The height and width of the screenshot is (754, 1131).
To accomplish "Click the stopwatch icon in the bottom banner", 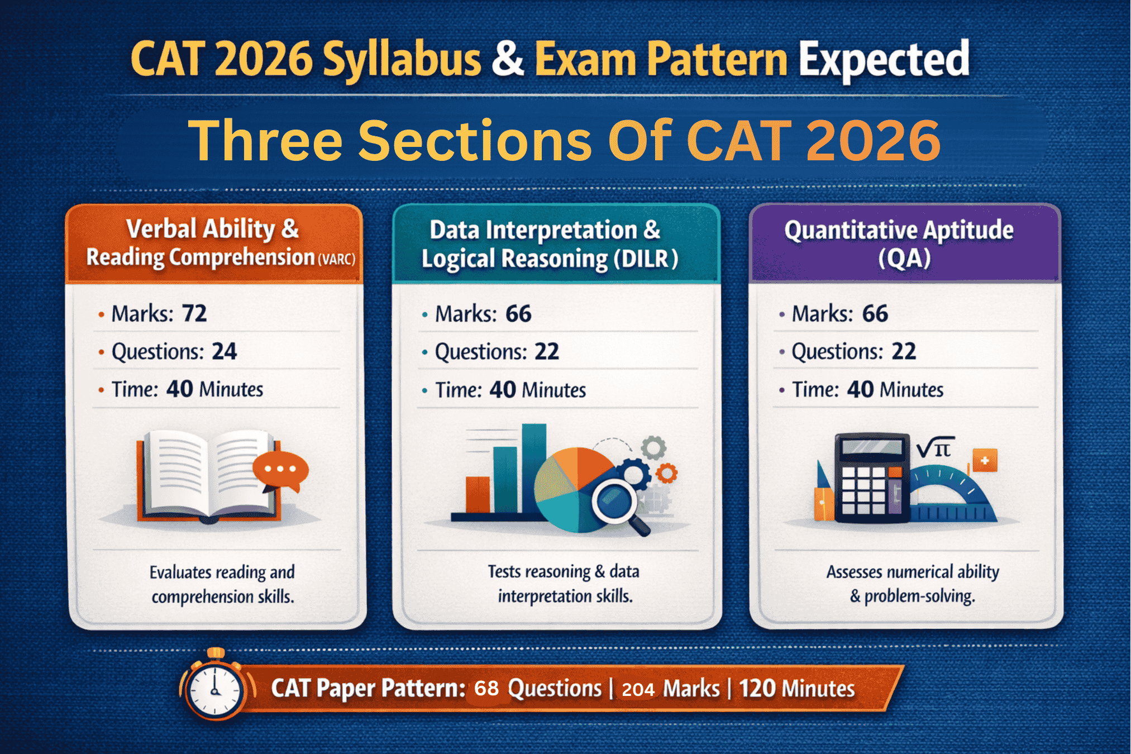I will tap(215, 689).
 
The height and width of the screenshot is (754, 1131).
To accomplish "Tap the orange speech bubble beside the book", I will tap(280, 470).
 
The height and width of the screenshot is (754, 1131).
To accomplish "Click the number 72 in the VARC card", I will tap(194, 313).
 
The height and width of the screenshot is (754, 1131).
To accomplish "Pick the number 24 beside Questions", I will tap(225, 351).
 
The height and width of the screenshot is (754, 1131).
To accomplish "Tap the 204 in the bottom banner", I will tap(638, 690).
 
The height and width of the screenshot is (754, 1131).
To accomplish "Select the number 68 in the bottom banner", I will tap(486, 689).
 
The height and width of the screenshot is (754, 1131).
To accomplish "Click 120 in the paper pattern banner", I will tap(758, 689).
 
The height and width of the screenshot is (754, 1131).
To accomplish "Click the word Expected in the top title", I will tap(884, 60).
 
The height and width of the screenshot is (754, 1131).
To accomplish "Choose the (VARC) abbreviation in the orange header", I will tap(336, 259).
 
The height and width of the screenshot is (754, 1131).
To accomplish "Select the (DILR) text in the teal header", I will tap(646, 259).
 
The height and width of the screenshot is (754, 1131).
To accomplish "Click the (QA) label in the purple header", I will tap(904, 258).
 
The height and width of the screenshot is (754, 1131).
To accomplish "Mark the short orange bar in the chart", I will tap(478, 494).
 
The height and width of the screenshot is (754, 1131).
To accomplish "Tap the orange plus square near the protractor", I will tap(985, 461).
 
